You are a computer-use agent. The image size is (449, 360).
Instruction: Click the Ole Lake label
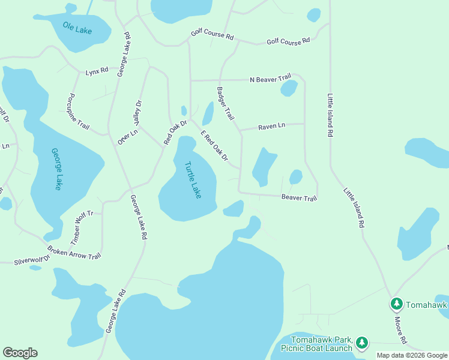coord(78,27)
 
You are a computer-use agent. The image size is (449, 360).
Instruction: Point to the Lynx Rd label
coord(97,70)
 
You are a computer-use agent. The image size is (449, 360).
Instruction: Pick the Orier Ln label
coord(124,137)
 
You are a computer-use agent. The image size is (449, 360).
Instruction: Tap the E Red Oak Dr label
coord(214,146)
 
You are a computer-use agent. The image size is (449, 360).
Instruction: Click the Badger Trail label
coord(224,103)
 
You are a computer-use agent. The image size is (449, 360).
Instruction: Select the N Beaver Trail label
coord(270,77)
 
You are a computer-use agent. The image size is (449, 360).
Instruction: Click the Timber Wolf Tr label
coord(83,227)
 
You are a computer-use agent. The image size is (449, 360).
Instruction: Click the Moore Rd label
coord(400,330)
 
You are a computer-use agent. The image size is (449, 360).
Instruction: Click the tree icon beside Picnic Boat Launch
coord(361,343)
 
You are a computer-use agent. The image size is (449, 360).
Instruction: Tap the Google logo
coord(20,353)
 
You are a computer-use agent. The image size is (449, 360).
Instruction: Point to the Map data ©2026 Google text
coord(412,355)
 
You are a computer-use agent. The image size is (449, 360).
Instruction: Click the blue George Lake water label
coord(55,169)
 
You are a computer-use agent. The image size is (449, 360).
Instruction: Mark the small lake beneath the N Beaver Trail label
coord(289,89)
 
